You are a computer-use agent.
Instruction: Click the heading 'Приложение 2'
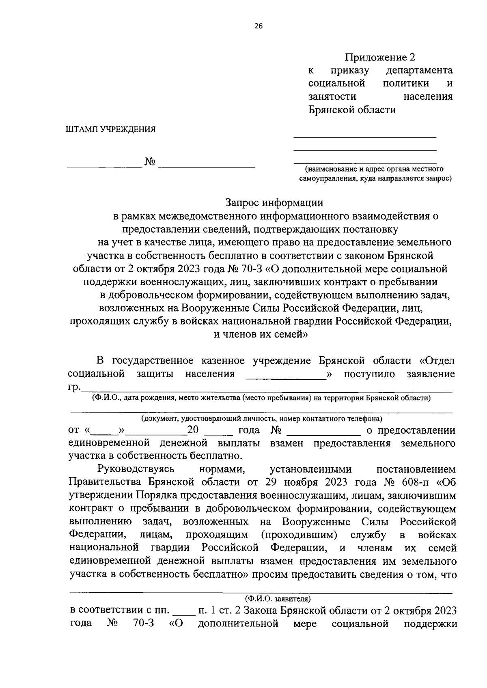coord(380,57)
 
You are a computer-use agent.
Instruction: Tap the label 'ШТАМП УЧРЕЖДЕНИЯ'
coord(110,129)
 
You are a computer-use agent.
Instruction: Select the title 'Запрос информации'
coord(274,202)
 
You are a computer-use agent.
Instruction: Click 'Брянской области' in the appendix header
coord(352,110)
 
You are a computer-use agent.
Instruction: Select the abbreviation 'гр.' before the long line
coord(74,387)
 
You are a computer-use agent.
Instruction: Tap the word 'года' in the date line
coord(249,430)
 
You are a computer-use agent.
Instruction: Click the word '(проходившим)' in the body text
coord(300,535)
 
